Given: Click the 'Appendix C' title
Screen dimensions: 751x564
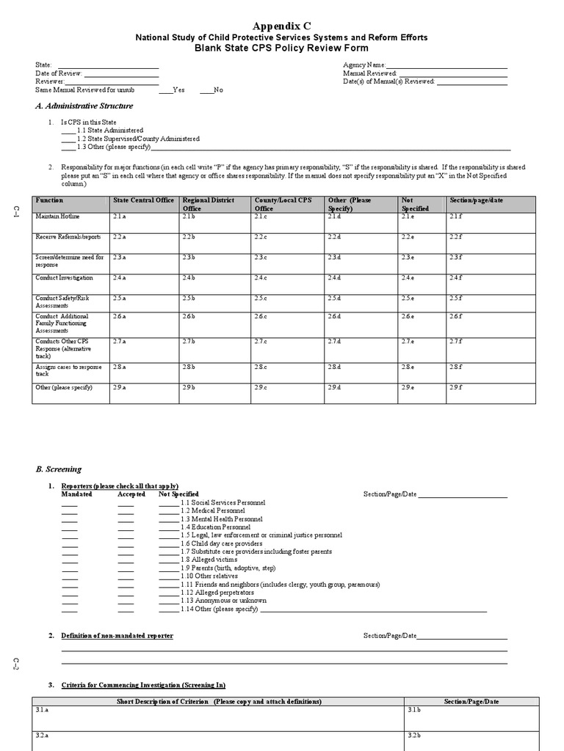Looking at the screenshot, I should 281,25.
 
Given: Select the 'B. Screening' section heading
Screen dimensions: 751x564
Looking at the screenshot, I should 59,469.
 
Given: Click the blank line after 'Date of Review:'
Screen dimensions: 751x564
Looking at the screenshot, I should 121,75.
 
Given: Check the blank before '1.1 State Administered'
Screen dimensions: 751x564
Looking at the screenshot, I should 68,131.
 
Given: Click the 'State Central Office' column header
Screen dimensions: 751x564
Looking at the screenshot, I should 143,200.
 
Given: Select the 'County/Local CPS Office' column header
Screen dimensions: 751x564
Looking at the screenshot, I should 283,204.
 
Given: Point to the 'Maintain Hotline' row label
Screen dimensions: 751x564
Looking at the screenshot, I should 58,216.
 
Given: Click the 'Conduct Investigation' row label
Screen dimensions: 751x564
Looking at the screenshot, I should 65,278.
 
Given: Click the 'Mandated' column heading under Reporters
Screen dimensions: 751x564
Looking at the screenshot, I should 76,494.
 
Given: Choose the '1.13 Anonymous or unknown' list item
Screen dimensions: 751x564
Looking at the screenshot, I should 220,601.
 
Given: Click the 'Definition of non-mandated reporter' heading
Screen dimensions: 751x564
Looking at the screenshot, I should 117,635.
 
